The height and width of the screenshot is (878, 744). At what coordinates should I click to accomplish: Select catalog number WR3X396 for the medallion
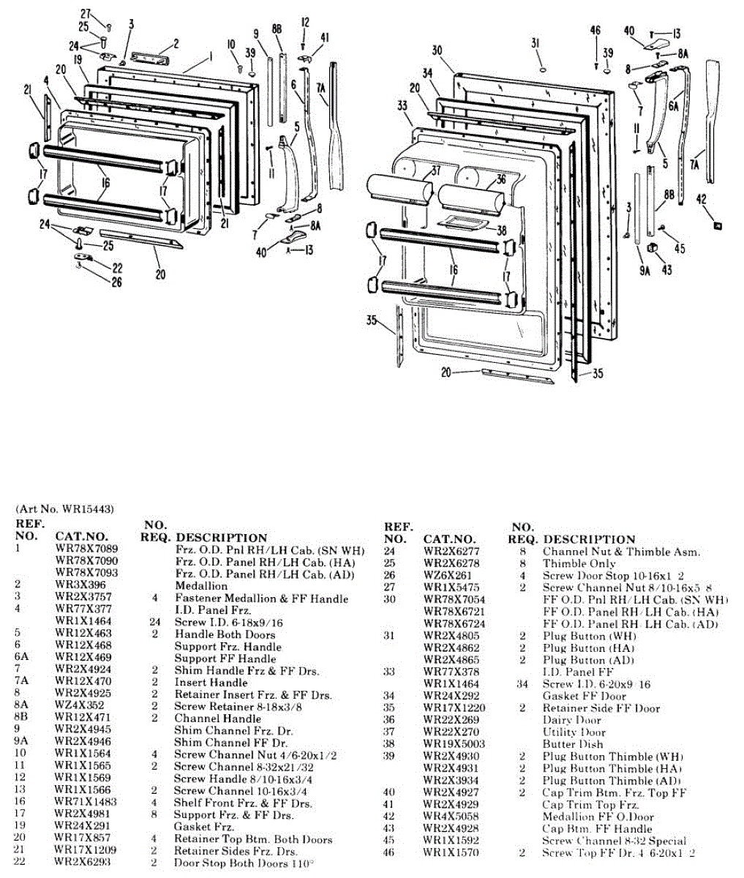coord(80,585)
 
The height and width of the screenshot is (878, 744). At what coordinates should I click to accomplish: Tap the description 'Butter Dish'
coord(573,744)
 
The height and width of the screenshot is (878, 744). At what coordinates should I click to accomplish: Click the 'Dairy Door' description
coord(571,720)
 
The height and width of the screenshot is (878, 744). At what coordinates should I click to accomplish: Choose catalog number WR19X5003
coord(454,744)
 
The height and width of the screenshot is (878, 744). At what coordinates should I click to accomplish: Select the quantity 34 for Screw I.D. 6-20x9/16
coord(522,684)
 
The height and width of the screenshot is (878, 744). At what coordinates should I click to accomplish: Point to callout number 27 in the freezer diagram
coord(85,14)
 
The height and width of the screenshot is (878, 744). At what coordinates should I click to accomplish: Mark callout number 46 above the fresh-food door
coord(595,30)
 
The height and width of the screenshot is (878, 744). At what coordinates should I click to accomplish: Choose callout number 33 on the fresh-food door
coord(402,106)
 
